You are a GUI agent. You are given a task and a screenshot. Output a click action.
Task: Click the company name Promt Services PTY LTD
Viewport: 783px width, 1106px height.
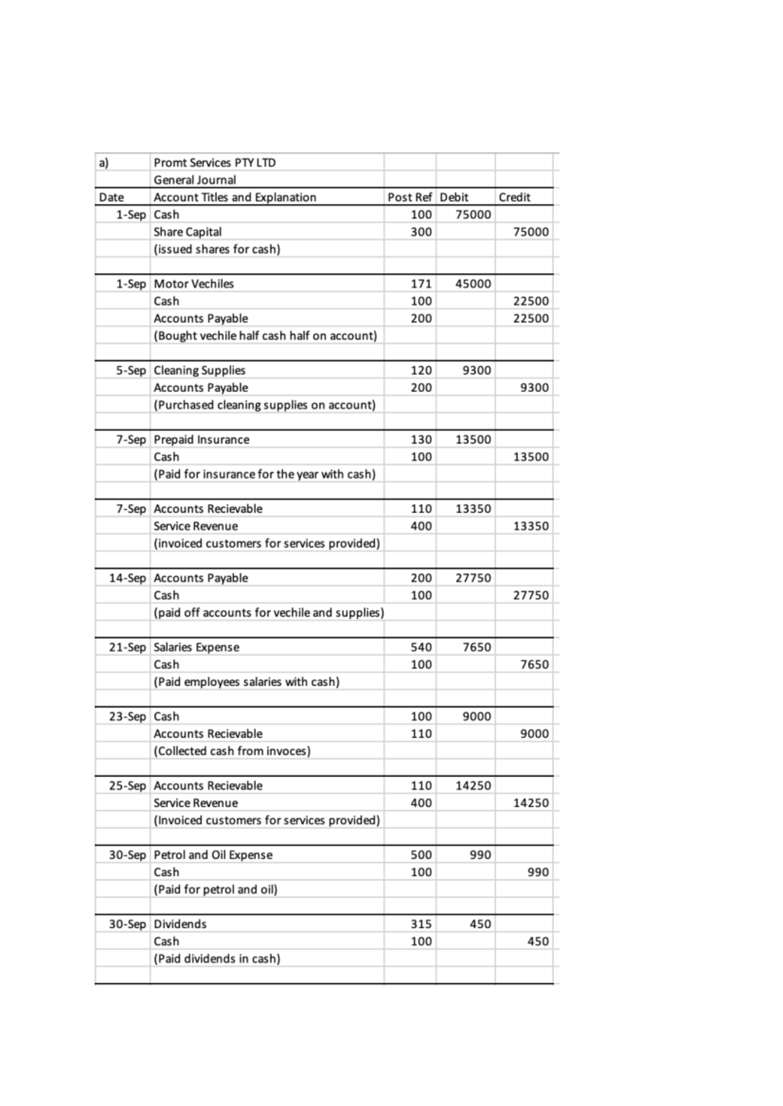215,162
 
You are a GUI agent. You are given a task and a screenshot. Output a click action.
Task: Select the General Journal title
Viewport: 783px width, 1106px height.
194,180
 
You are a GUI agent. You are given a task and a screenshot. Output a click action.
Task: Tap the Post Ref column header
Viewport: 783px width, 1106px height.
409,197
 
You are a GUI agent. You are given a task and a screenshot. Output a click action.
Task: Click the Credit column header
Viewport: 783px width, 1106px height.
514,197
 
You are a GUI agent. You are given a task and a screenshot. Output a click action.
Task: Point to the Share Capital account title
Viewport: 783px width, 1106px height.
187,232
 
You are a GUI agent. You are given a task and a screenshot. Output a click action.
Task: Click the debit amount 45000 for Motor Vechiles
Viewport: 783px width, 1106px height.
473,284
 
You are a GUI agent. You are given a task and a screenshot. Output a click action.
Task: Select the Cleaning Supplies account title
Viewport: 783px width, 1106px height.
199,370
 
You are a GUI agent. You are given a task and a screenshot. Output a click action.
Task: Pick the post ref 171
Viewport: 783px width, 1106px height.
421,284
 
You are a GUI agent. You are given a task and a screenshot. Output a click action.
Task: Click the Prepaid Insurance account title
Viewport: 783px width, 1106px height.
201,440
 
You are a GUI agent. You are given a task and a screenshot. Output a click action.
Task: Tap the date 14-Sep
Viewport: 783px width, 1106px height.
127,578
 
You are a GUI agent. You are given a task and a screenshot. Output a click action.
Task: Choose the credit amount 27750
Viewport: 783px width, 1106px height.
530,595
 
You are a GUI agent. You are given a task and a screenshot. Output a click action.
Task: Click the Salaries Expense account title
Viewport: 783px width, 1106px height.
196,647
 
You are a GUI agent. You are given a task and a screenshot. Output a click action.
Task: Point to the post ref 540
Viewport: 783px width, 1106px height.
421,647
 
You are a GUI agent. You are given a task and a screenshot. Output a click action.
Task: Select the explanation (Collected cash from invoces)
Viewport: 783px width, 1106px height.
232,751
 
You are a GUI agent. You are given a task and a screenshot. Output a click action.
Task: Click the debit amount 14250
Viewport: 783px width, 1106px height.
473,786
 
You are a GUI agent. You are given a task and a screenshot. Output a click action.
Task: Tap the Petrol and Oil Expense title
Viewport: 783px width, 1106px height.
213,855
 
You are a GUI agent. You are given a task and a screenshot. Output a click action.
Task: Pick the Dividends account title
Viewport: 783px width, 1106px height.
180,924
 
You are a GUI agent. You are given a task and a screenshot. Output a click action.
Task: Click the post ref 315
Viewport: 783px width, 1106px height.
421,924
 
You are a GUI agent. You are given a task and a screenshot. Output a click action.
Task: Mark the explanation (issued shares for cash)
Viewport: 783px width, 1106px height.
217,249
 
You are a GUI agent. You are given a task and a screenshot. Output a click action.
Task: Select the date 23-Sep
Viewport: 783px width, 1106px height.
127,717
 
